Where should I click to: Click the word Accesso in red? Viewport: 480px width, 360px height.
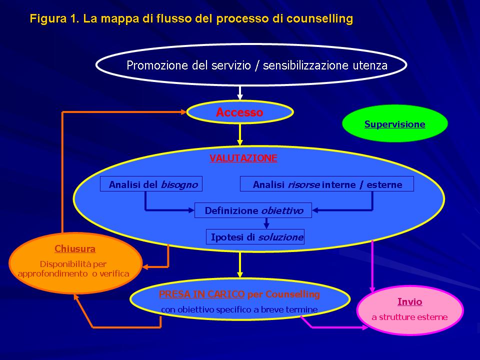(x=239, y=112)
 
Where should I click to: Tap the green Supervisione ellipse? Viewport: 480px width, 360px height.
(x=395, y=123)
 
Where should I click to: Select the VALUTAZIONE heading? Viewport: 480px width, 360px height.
(x=243, y=158)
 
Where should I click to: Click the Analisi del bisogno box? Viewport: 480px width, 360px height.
(x=151, y=184)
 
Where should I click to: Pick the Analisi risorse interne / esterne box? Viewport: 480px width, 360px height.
(x=327, y=184)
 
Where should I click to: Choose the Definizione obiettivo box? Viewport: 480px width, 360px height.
(x=253, y=210)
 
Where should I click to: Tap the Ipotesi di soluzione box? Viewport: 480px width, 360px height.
(x=255, y=236)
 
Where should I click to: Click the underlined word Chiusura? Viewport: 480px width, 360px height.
(x=75, y=248)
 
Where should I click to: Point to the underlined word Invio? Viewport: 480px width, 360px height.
(x=409, y=302)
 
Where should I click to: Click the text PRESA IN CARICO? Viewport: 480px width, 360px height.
(x=201, y=294)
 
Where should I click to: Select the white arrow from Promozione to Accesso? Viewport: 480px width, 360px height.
(x=240, y=93)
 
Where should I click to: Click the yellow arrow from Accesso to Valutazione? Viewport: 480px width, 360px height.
(x=240, y=134)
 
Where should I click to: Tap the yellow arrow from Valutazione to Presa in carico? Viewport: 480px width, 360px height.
(x=240, y=265)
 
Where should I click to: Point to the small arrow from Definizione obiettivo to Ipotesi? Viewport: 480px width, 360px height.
(x=266, y=223)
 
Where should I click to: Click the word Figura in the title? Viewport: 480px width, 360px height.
(x=48, y=18)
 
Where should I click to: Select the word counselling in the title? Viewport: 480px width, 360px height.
(x=319, y=18)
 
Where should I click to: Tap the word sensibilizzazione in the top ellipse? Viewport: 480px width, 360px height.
(x=305, y=65)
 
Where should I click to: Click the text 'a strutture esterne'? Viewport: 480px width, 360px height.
(x=409, y=317)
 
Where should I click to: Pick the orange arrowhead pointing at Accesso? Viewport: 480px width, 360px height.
(x=183, y=112)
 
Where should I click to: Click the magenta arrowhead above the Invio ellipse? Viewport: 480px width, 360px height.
(x=372, y=289)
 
